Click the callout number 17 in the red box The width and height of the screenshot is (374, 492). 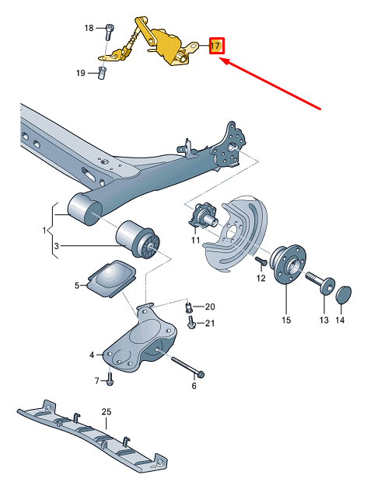click(x=216, y=47)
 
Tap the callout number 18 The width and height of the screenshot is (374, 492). click(x=89, y=28)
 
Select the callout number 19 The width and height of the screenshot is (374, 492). click(x=80, y=73)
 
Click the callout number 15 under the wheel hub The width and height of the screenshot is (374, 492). click(x=285, y=320)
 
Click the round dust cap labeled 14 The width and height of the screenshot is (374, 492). click(x=342, y=295)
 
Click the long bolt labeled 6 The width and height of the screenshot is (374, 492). click(x=186, y=366)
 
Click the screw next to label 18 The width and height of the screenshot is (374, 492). click(x=108, y=29)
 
